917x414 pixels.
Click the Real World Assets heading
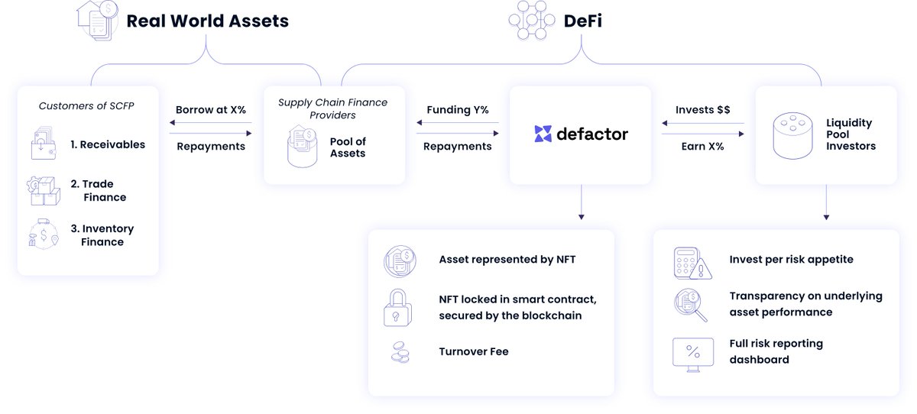(x=207, y=21)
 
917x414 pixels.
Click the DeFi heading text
(x=582, y=21)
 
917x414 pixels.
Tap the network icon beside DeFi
(x=531, y=20)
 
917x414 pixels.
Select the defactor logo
(x=581, y=134)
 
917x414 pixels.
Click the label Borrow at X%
(x=211, y=110)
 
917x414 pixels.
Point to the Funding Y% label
(x=458, y=110)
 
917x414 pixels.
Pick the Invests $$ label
(x=702, y=110)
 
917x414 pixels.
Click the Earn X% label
(x=702, y=146)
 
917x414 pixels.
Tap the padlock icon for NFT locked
(x=397, y=308)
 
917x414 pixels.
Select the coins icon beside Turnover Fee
(x=399, y=351)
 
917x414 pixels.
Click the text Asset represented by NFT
(x=507, y=260)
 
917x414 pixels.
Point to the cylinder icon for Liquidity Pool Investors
(x=792, y=135)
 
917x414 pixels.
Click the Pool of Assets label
(x=348, y=147)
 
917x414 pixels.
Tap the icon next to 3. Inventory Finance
(x=43, y=233)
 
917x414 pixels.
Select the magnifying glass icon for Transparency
(x=691, y=304)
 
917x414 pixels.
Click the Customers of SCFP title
(x=86, y=105)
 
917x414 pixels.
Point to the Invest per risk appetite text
(x=791, y=260)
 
